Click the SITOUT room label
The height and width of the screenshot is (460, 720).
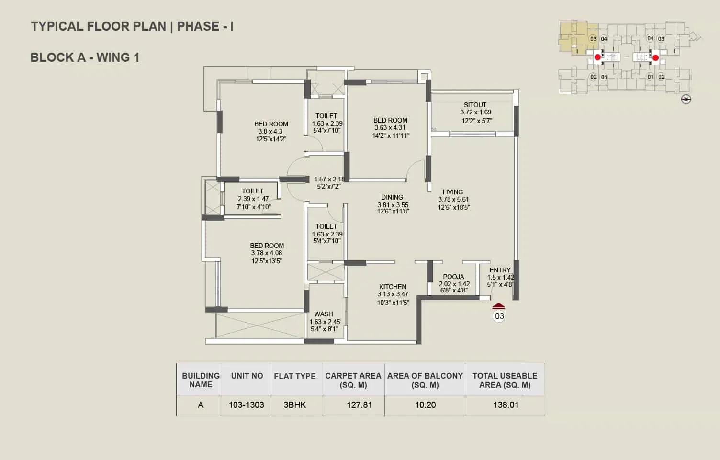(475, 105)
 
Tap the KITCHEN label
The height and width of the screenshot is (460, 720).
(393, 286)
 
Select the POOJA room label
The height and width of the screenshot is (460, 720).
(453, 277)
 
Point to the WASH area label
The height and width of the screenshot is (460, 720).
(323, 314)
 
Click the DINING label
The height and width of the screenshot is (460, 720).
(392, 197)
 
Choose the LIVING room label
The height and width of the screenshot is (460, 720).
(452, 192)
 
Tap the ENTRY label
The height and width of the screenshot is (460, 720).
(500, 270)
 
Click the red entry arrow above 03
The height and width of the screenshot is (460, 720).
(498, 306)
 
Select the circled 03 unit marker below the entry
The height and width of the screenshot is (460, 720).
(499, 316)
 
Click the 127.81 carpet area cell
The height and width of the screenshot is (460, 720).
(359, 404)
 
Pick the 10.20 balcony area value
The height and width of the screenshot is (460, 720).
(425, 404)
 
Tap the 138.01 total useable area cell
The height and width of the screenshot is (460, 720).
(506, 404)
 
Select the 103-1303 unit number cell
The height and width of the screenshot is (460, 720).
(246, 404)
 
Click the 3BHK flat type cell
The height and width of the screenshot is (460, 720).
(295, 404)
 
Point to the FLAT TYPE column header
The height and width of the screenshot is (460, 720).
(295, 376)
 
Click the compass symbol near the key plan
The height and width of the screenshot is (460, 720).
(686, 100)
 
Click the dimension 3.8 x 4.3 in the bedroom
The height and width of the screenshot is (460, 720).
(270, 132)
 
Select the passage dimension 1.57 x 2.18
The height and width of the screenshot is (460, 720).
(329, 179)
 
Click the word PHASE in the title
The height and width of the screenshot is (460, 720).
(198, 26)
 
